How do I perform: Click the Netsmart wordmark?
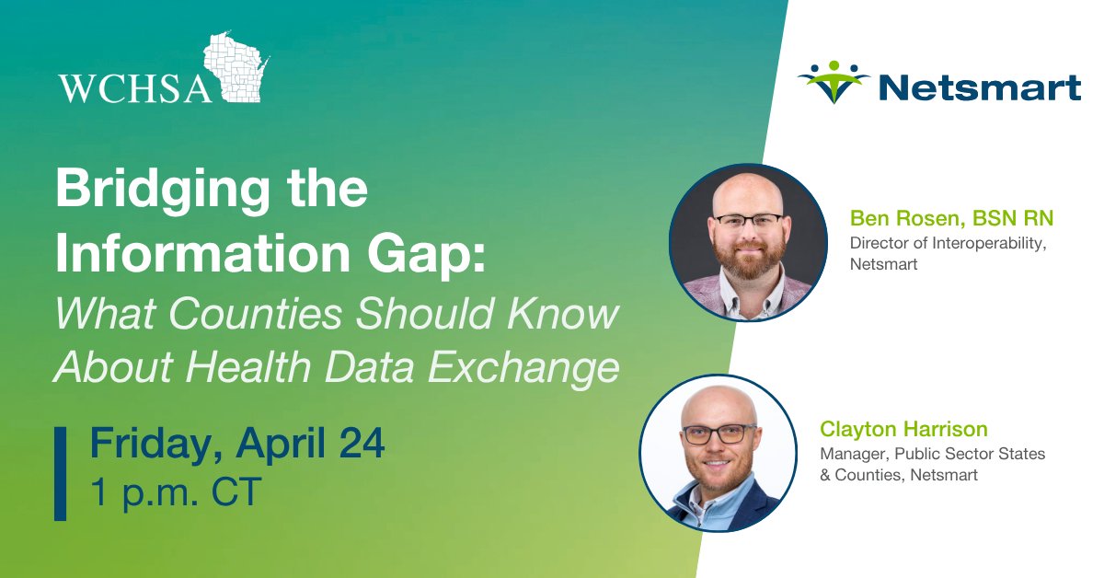tap(980, 88)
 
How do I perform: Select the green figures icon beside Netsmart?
tap(834, 82)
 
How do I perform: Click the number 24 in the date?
tap(360, 445)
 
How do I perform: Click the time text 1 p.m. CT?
tap(176, 492)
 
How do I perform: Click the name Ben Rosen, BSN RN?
tap(951, 218)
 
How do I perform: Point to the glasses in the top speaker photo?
tap(748, 221)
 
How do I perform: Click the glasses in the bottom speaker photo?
tap(719, 433)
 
